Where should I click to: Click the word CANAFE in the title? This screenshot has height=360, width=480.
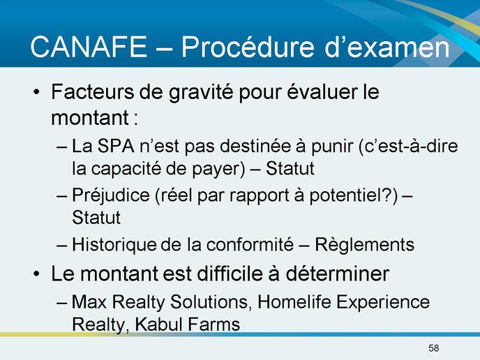coord(89,47)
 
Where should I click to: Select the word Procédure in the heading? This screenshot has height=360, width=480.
coord(248,47)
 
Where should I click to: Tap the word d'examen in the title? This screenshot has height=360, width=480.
coord(387,47)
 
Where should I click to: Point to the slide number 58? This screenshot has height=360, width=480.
coord(433,347)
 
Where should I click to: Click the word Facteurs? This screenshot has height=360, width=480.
coord(93,91)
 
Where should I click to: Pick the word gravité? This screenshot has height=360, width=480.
coord(201,93)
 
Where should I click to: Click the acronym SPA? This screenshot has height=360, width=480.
coord(116,146)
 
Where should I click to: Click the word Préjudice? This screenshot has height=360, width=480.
coord(111,196)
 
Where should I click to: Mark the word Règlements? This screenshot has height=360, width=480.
coord(365,246)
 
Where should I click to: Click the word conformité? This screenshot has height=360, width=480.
coord(250,245)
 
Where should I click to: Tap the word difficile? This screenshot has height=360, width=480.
coord(230,273)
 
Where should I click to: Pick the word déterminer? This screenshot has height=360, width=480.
coord(338,273)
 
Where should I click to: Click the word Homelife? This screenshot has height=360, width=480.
coord(294,302)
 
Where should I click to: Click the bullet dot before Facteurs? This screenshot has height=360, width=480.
coord(36,92)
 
